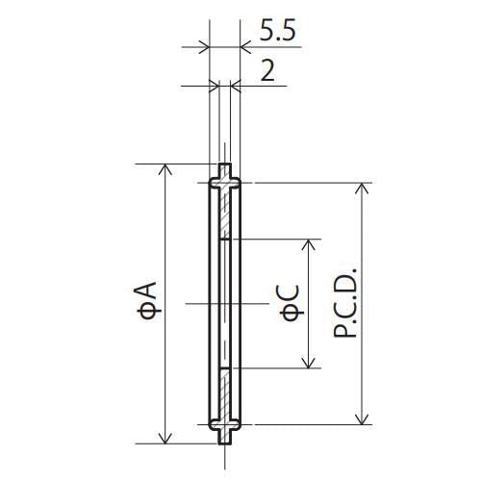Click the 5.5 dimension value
tap(277, 30)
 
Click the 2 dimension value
tap(267, 70)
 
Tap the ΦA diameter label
tap(147, 301)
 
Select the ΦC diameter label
tap(291, 303)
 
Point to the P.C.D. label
tap(345, 302)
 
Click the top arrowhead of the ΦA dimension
tap(165, 169)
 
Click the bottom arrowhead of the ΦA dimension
tap(165, 438)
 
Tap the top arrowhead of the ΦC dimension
tap(309, 244)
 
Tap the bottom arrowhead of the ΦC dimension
tap(309, 363)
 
